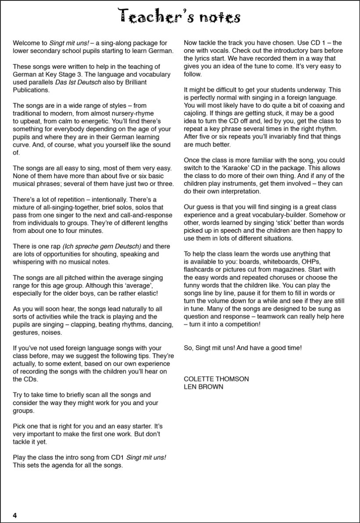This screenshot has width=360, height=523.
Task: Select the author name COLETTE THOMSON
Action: pyautogui.click(x=216, y=379)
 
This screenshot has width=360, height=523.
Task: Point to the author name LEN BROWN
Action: pyautogui.click(x=204, y=386)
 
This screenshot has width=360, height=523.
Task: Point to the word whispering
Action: pyautogui.click(x=30, y=262)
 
